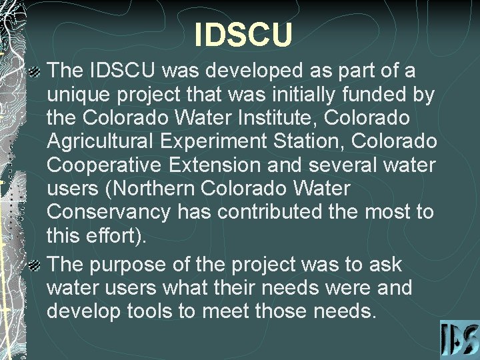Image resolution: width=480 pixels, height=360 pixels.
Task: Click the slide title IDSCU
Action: (243, 35)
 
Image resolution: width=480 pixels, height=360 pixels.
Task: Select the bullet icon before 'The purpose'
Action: (38, 265)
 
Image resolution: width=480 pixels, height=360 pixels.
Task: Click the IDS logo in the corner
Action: (459, 340)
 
